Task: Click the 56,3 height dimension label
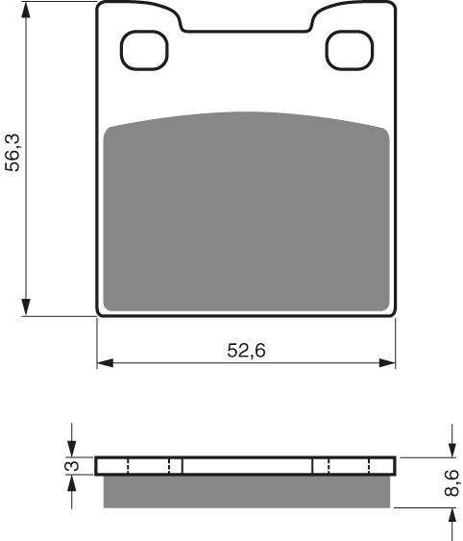(x=13, y=153)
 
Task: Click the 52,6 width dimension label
(x=246, y=351)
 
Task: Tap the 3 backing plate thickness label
(x=69, y=467)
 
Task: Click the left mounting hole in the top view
(x=143, y=50)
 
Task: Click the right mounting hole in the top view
(x=350, y=50)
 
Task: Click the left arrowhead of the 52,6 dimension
(x=105, y=363)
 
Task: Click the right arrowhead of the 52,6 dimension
(x=388, y=363)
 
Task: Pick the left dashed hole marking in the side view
(x=148, y=466)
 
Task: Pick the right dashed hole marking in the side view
(x=344, y=466)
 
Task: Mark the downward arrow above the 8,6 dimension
(x=451, y=448)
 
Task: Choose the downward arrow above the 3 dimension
(x=72, y=448)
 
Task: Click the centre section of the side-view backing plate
(x=246, y=466)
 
